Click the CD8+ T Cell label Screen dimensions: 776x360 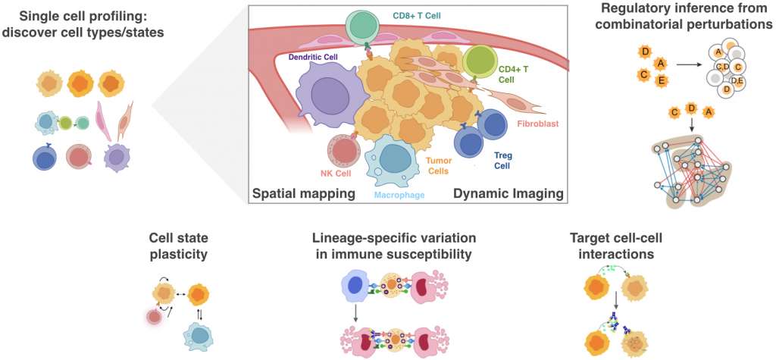point(416,16)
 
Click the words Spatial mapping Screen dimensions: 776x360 point(303,194)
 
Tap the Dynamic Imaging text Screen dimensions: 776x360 point(508,194)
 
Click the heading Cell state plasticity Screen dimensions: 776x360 point(179,246)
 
